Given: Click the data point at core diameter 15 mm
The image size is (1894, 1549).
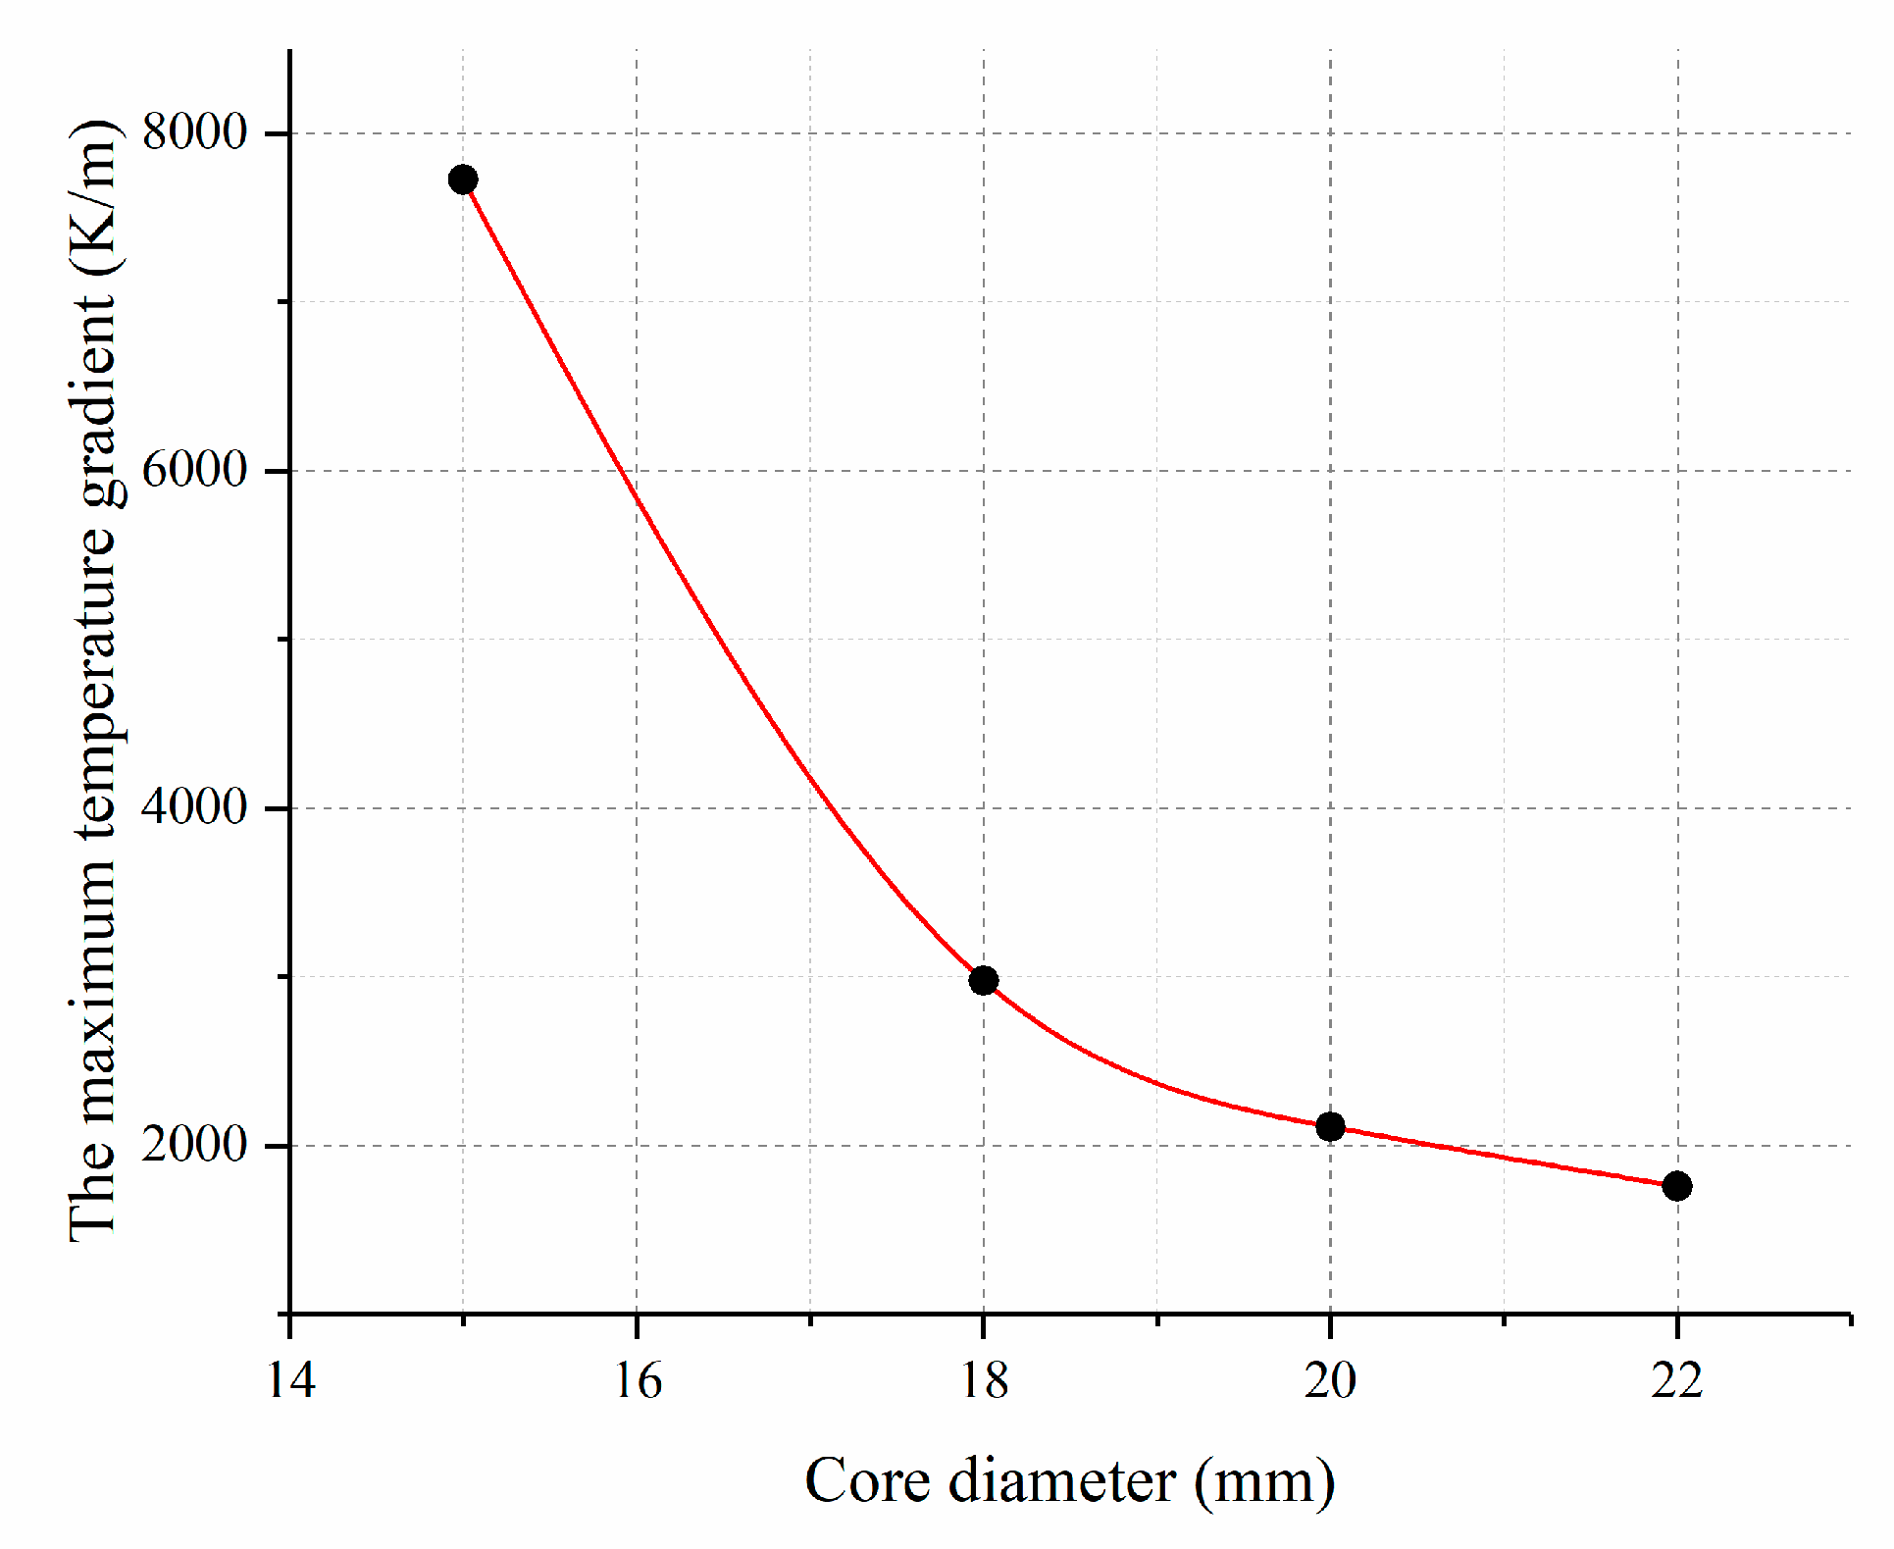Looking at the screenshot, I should pos(463,180).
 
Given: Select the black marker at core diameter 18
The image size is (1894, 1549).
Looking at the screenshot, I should pos(984,980).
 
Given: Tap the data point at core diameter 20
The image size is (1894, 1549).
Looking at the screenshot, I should pos(1330,1126).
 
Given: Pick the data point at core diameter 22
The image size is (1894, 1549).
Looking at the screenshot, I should pos(1677,1186).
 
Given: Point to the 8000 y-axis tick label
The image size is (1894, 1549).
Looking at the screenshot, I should pos(194,131).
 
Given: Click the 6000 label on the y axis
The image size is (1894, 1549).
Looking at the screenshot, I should pos(194,469).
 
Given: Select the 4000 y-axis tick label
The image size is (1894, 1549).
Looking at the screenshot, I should pos(194,806).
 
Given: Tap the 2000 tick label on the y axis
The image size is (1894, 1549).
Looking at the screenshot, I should pos(194,1144).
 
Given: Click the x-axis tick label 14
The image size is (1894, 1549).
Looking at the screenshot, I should pos(291,1381).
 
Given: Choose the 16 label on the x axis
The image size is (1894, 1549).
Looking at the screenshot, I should pos(639,1381).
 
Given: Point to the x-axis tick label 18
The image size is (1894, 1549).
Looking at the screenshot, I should pos(984,1381).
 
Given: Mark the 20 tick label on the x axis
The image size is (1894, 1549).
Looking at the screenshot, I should pos(1331,1381).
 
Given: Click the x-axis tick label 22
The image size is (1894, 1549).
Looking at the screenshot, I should pos(1677,1381).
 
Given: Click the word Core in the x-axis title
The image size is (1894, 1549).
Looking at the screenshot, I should pos(867,1480).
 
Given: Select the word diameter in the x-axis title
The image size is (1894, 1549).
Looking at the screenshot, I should pos(1061,1480).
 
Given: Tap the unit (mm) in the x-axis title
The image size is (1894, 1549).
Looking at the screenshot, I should pos(1264,1482).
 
